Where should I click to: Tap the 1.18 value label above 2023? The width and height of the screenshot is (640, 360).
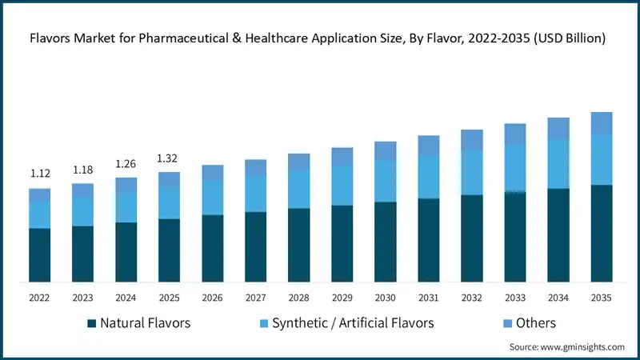coord(82,170)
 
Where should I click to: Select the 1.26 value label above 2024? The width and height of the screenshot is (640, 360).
coord(126,164)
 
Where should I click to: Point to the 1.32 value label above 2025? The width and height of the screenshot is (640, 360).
coord(169,158)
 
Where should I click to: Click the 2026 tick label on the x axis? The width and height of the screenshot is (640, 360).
coord(212,298)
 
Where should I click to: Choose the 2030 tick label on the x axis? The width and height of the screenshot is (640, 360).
coord(385,298)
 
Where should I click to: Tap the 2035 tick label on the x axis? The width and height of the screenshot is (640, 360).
coord(601,298)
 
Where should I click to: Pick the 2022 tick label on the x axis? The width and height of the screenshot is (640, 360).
coord(39,298)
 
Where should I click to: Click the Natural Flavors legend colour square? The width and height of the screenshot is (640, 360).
coord(92,323)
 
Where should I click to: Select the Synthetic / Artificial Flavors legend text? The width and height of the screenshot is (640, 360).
coord(353,323)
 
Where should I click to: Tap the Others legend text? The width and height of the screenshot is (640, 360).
coord(535,323)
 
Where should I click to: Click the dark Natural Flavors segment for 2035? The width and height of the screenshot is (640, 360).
coord(601,233)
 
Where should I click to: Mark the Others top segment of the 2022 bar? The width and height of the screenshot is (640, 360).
coord(39,194)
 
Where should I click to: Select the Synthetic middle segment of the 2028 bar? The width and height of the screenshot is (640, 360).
coord(298,189)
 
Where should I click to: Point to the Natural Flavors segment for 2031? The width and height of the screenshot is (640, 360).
coord(428,240)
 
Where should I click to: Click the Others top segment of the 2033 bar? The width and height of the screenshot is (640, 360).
coord(514,134)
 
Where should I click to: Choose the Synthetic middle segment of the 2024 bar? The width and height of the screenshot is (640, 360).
coord(126,207)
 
